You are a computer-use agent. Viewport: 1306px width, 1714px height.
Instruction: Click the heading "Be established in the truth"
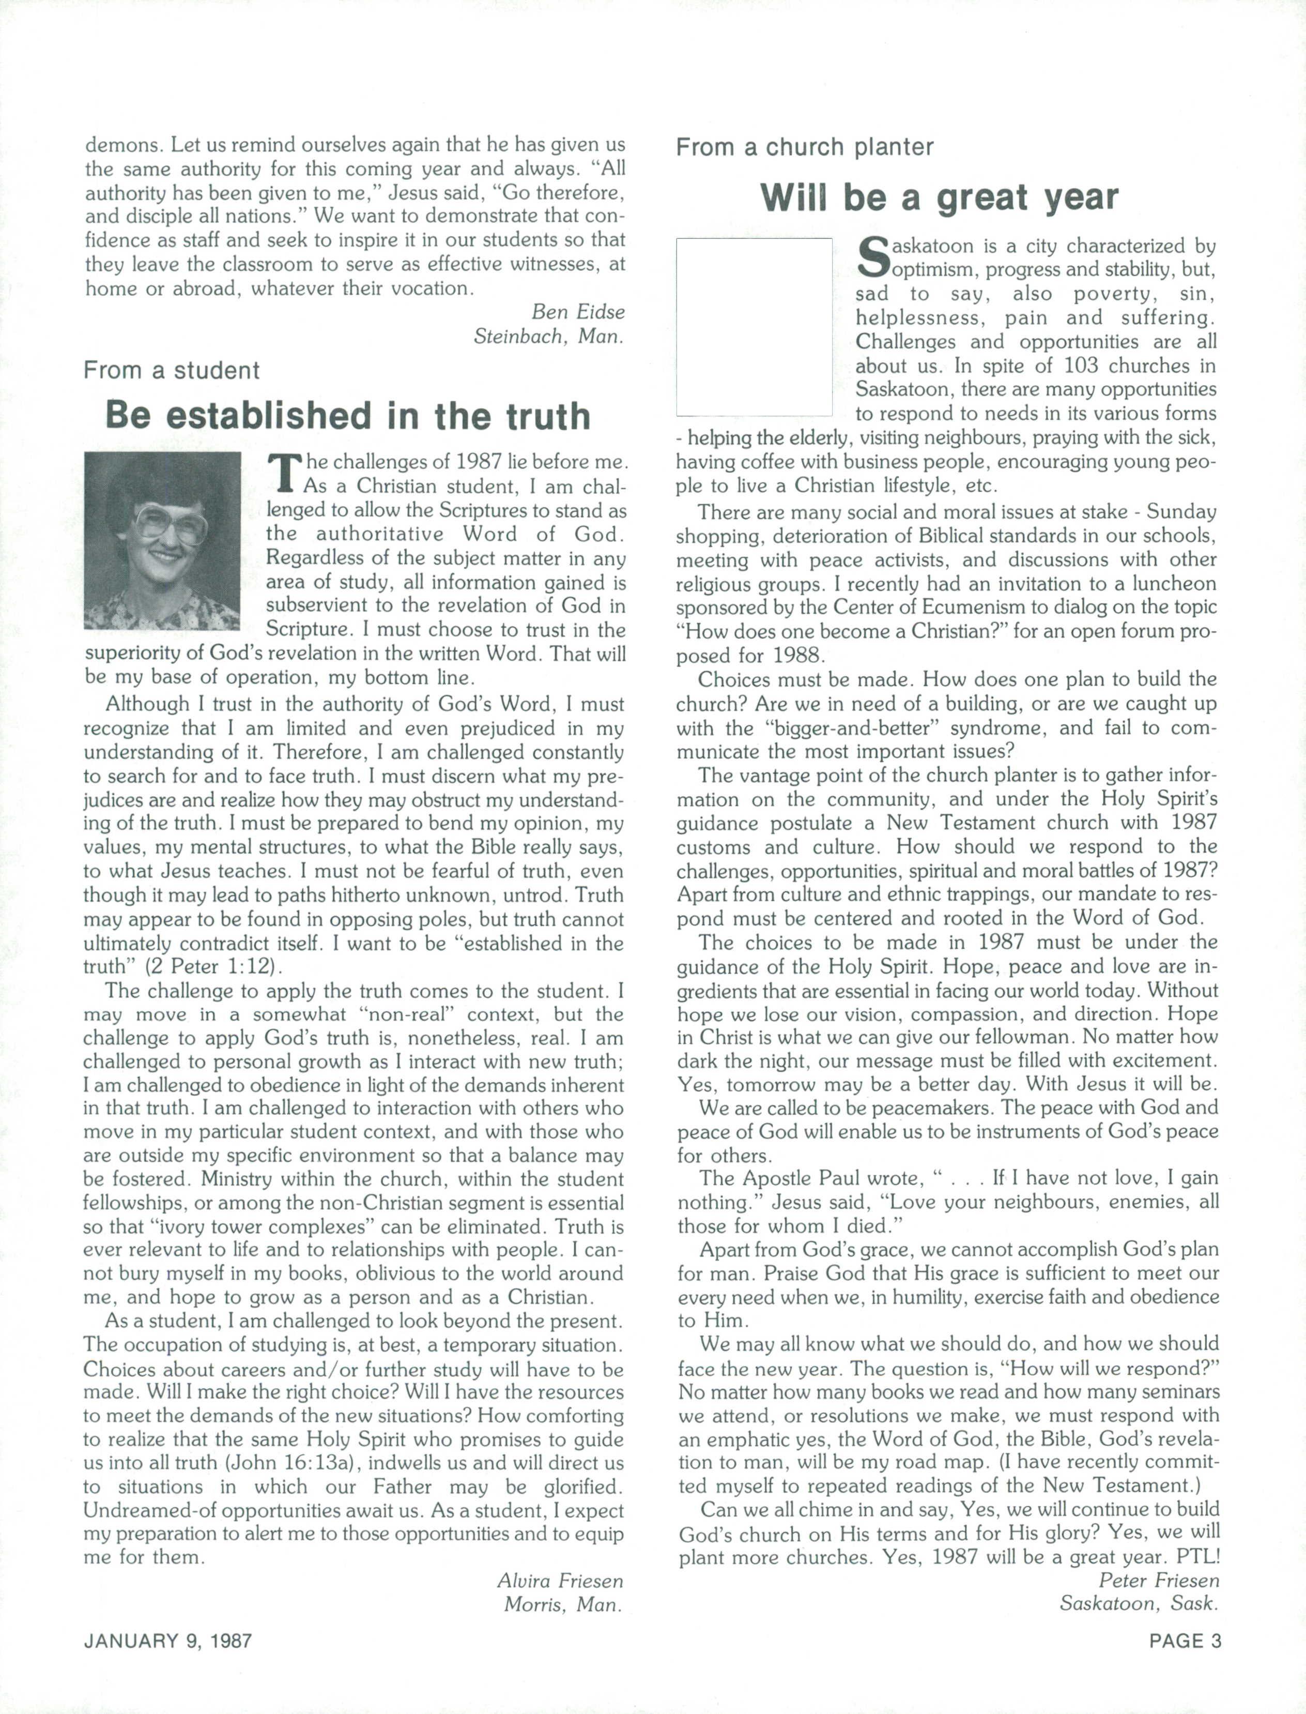(x=347, y=416)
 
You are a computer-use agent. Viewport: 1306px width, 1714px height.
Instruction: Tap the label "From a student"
(x=172, y=370)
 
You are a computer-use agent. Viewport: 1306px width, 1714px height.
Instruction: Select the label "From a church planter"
(x=805, y=147)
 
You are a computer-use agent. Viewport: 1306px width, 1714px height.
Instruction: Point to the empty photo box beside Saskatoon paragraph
(x=754, y=327)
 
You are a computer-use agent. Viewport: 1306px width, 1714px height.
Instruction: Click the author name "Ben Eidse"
(x=578, y=312)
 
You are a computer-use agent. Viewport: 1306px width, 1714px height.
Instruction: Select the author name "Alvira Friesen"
(x=560, y=1581)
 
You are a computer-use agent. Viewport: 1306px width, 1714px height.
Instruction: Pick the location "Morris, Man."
(x=564, y=1604)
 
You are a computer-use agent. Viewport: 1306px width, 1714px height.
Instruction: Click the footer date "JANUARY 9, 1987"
(x=168, y=1641)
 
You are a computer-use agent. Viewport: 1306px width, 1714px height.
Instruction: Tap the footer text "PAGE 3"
(x=1186, y=1641)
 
